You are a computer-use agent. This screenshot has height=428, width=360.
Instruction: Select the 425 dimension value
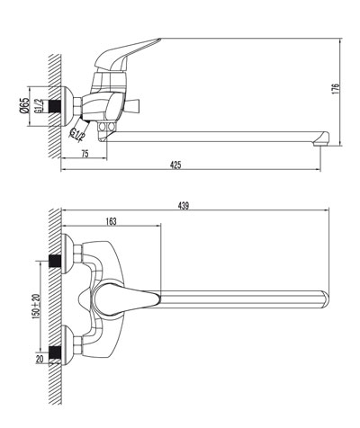[x=175, y=165]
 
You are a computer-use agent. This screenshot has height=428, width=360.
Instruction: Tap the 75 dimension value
[x=85, y=154]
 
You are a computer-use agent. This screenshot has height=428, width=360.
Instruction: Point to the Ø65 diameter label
[x=24, y=105]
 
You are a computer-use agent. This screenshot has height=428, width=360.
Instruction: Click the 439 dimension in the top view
[x=184, y=206]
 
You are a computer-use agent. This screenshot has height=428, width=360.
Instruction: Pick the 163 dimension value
[x=111, y=221]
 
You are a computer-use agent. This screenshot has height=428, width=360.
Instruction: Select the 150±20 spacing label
[x=37, y=306]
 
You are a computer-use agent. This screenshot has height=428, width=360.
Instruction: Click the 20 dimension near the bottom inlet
[x=40, y=359]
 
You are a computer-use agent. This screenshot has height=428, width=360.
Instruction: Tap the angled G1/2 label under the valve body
[x=76, y=134]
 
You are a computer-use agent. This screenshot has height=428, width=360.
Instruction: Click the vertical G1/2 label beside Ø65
[x=39, y=106]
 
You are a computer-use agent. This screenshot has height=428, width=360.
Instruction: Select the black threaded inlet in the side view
[x=55, y=106]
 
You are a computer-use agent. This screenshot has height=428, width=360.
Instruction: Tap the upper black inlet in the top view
[x=55, y=261]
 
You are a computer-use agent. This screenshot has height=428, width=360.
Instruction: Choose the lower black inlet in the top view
[x=55, y=352]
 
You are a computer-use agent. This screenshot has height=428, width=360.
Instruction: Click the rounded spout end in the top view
[x=324, y=299]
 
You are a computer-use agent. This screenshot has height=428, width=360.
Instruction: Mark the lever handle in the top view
[x=125, y=299]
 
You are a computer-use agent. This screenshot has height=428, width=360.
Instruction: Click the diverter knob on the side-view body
[x=132, y=106]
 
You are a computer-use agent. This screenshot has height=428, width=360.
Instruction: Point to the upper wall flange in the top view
[x=67, y=254]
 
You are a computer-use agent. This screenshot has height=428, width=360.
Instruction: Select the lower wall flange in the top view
[x=67, y=345]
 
